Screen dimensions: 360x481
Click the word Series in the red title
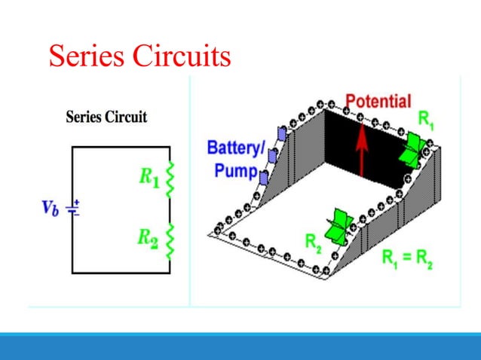coord(86,57)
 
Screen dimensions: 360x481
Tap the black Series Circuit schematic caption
coord(106,117)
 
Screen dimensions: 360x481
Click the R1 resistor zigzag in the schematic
coord(170,178)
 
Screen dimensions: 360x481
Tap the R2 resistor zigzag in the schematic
coord(170,239)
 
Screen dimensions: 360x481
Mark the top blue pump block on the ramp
coord(283,134)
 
